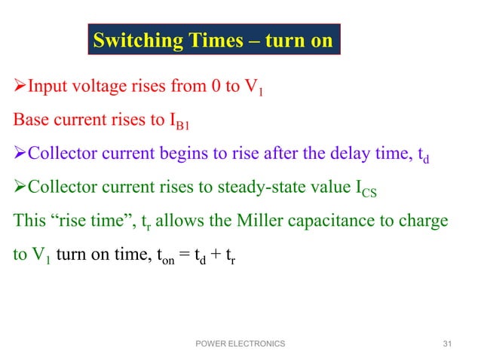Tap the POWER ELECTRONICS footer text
[x=240, y=343]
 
